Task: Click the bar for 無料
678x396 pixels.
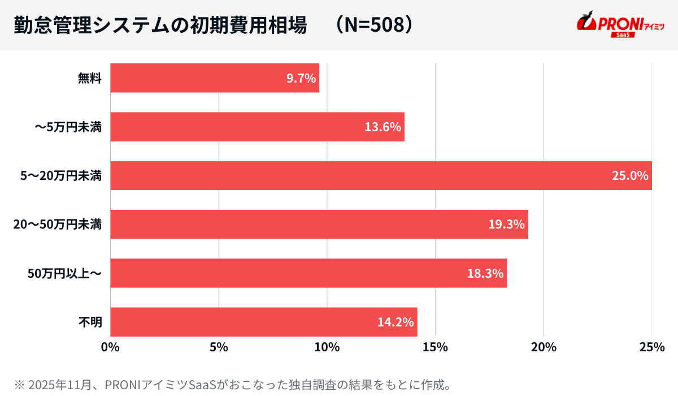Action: point(215,78)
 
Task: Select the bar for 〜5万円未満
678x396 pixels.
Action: point(257,127)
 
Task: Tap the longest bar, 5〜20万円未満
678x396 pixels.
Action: point(381,175)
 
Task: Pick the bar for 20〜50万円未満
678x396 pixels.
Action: point(319,225)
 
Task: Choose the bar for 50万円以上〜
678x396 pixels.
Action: point(308,273)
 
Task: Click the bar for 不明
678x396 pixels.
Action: point(263,322)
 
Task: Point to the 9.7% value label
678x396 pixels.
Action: point(301,78)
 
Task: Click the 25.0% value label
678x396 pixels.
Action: point(630,175)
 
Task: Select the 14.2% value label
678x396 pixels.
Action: point(396,322)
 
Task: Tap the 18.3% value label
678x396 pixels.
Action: point(485,273)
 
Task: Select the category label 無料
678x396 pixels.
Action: point(90,78)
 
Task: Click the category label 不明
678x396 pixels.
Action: point(90,322)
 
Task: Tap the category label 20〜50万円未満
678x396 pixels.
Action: point(58,225)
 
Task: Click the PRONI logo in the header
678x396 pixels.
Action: point(620,24)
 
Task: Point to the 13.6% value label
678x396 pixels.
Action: point(383,127)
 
